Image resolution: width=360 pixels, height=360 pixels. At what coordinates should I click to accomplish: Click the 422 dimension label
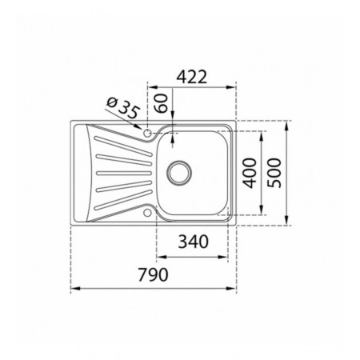(192, 77)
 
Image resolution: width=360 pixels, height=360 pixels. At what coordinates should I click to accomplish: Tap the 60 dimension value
(162, 103)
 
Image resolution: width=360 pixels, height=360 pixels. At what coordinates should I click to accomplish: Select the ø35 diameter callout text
(122, 108)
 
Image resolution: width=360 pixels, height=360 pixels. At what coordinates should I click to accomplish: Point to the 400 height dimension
(250, 173)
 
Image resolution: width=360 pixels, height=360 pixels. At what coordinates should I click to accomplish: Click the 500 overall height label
(274, 173)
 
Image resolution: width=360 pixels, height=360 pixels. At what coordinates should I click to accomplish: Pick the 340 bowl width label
(193, 242)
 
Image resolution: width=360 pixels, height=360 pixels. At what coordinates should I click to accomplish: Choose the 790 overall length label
(153, 274)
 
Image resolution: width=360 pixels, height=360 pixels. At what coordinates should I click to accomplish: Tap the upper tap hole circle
(147, 133)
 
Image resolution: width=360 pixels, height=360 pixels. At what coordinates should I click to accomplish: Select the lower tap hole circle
(147, 213)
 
